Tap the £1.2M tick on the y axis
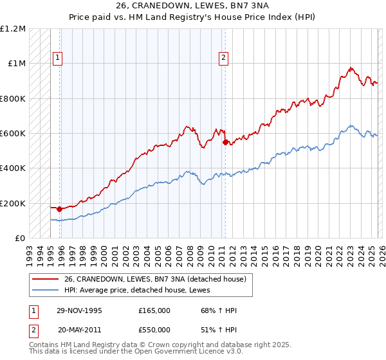pos(13,29)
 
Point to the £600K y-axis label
pos(13,134)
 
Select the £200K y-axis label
pos(13,203)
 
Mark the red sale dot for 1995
pos(60,209)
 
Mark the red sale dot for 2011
pos(225,142)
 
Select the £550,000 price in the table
pos(154,328)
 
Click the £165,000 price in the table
pos(154,310)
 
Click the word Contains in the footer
pos(44,346)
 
